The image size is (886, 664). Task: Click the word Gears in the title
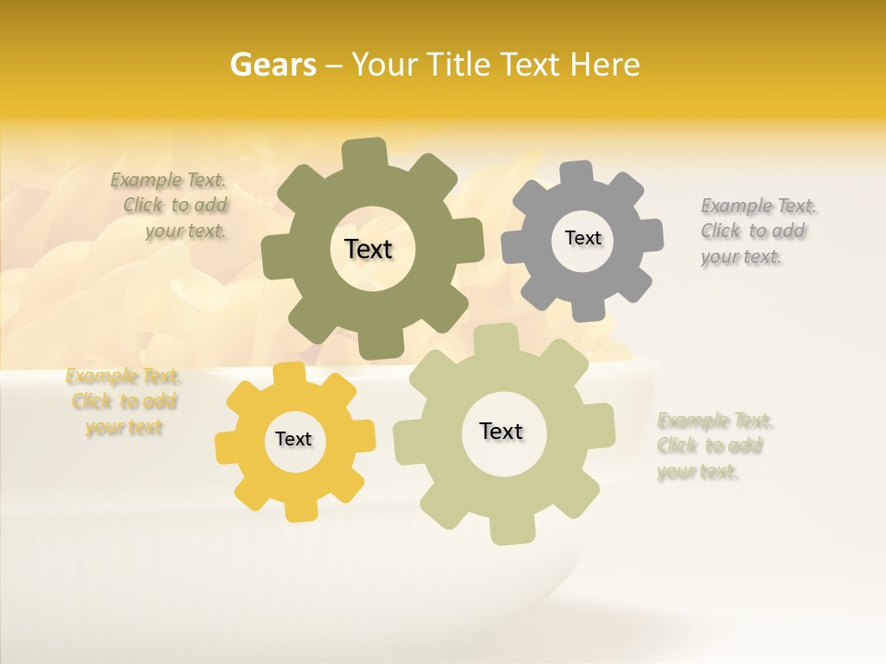272,65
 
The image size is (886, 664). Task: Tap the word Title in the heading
461,65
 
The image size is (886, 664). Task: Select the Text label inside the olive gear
369,249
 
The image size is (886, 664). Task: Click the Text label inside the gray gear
582,238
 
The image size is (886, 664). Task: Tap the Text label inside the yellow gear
293,439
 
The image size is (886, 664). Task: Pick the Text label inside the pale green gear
501,431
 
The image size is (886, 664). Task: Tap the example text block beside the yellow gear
124,402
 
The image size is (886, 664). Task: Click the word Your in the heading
386,65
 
